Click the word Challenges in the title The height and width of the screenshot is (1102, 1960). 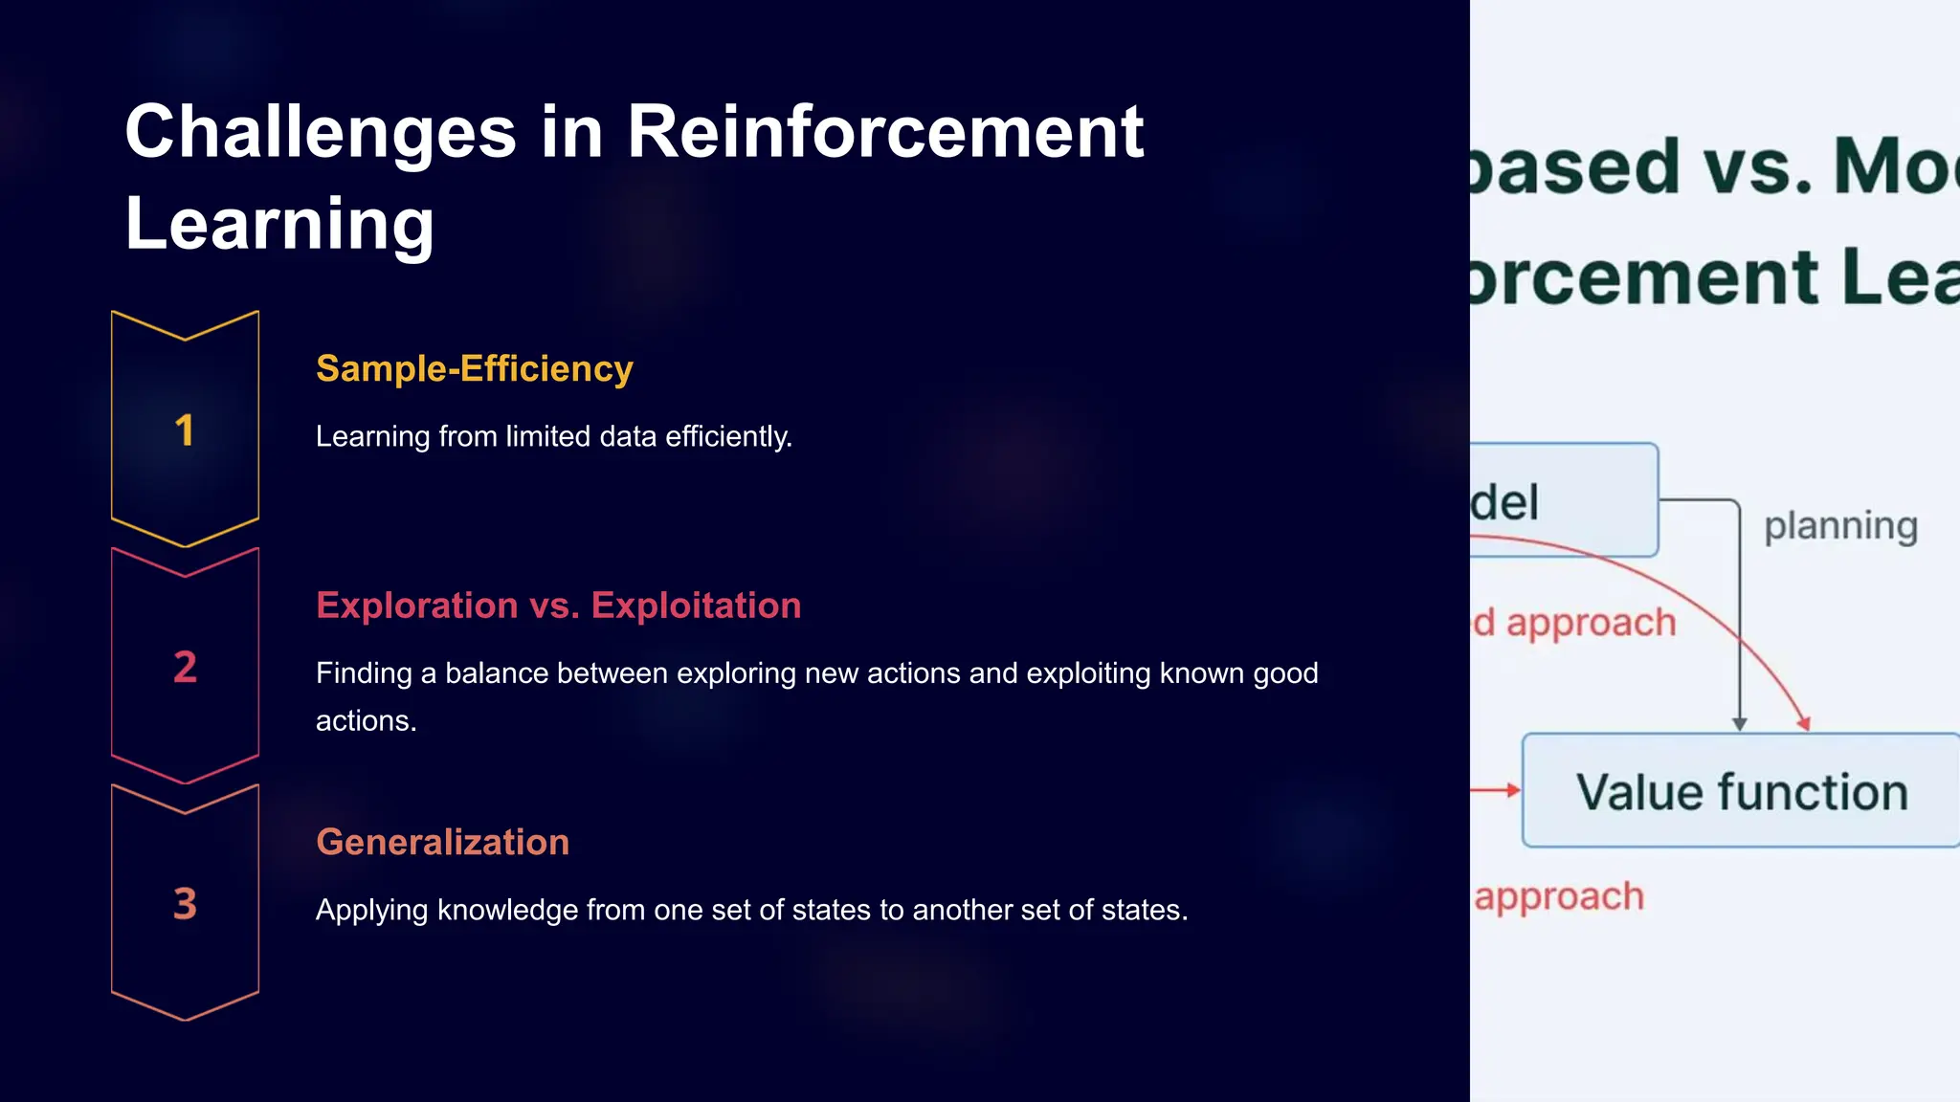tap(321, 132)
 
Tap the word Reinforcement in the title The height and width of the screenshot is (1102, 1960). tap(884, 132)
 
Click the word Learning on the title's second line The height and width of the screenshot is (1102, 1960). tap(279, 223)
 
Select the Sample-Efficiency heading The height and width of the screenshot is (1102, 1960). tap(474, 368)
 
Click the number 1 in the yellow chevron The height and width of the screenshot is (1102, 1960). tap(185, 430)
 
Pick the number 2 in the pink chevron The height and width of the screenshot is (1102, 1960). tap(185, 667)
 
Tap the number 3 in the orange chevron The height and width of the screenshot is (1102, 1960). tap(185, 904)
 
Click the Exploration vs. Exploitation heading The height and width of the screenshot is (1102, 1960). tap(558, 606)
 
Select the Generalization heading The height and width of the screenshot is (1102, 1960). tap(442, 842)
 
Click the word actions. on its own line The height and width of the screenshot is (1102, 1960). tap(366, 720)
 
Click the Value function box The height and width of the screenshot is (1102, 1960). tap(1741, 791)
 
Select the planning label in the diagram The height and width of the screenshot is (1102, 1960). tap(1840, 526)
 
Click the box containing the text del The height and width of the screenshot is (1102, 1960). tap(1562, 500)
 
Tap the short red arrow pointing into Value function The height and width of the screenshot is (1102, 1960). tap(1496, 790)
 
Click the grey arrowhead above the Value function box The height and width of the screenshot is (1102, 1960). tap(1740, 724)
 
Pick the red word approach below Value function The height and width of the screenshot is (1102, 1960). tap(1559, 897)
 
